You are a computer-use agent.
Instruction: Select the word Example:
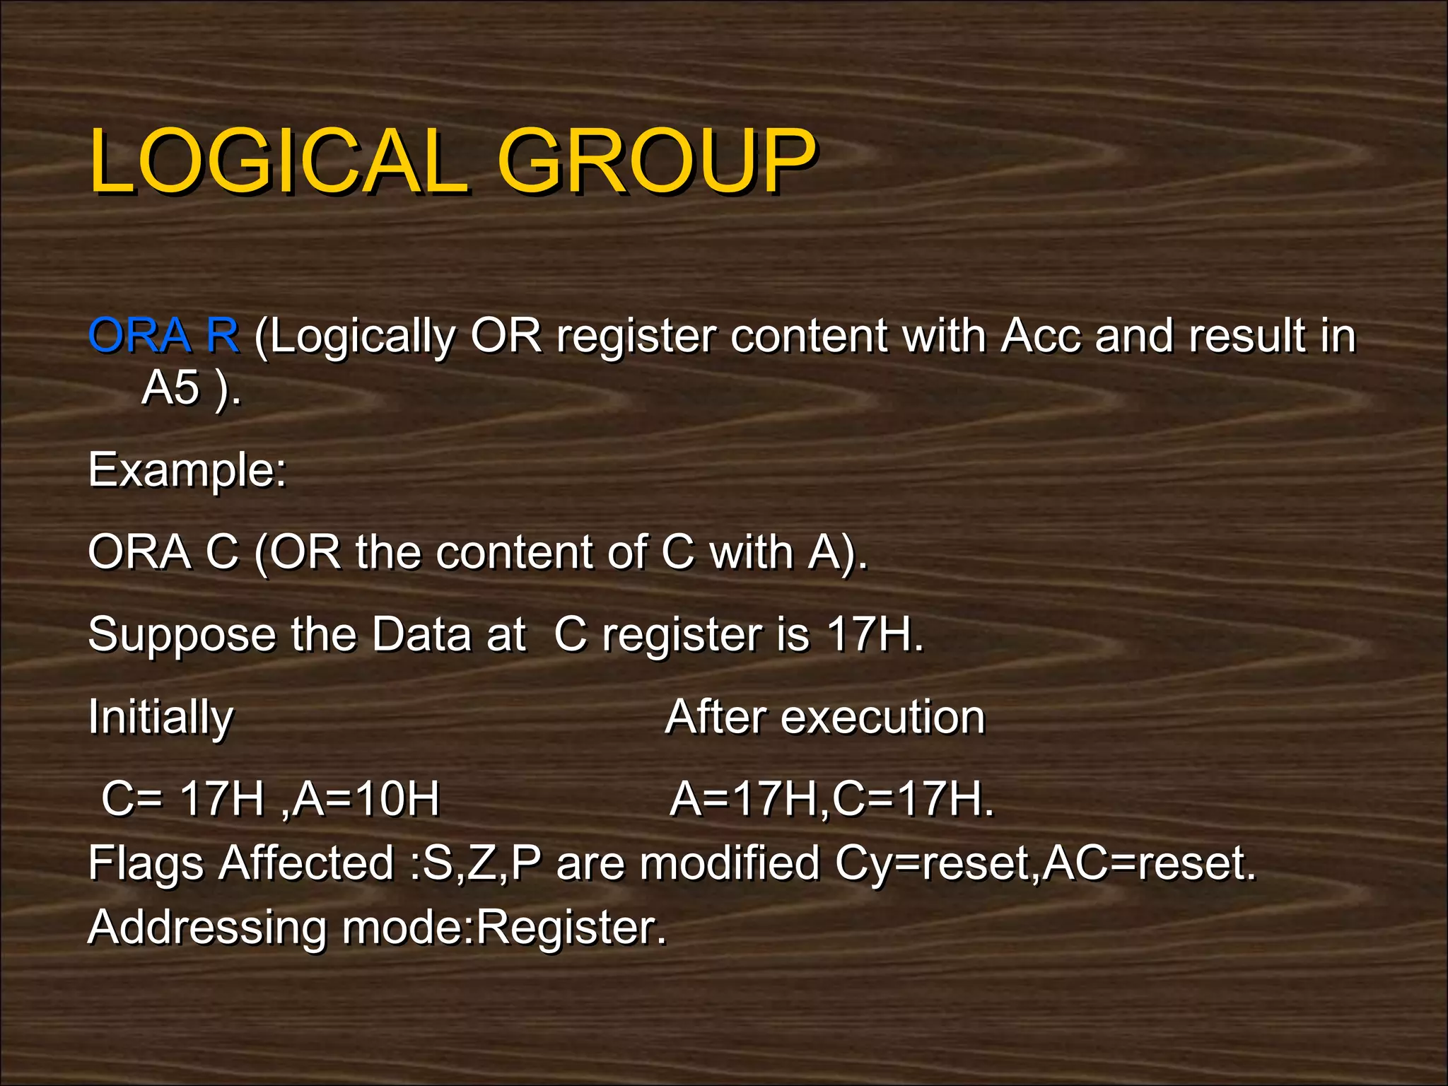coord(187,470)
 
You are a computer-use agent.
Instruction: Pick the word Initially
coord(160,718)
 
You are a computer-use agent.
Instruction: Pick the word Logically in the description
coord(361,337)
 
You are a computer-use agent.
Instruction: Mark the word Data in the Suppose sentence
coord(420,634)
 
